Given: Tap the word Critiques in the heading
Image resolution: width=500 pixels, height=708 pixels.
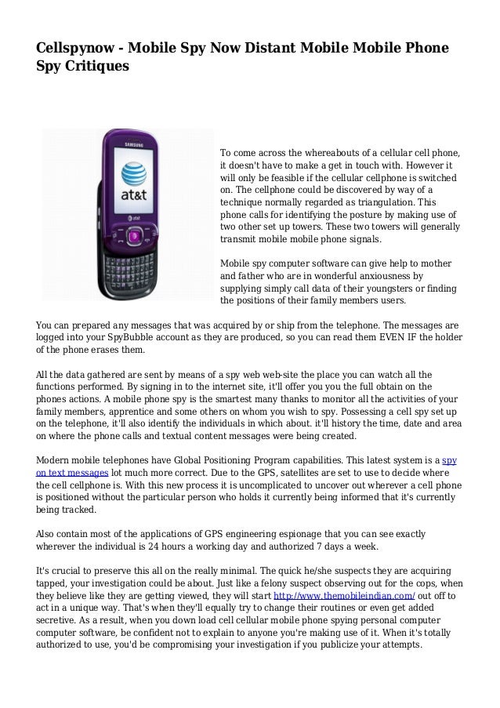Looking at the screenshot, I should [x=95, y=69].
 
